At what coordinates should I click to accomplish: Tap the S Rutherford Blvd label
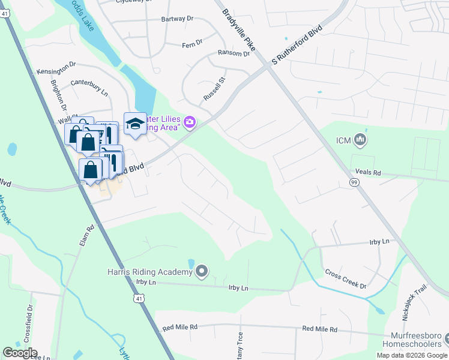coord(297,46)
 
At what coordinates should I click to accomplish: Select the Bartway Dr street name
coord(178,19)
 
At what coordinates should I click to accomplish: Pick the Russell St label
coord(214,88)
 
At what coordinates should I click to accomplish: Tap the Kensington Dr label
coord(56,71)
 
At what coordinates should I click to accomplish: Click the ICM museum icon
coord(361,140)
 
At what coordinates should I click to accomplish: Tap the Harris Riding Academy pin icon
coord(202,272)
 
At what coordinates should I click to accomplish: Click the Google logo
coord(20,353)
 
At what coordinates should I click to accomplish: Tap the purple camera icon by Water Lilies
coord(190,122)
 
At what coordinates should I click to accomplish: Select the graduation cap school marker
coord(135,124)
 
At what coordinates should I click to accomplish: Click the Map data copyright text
coord(412,355)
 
